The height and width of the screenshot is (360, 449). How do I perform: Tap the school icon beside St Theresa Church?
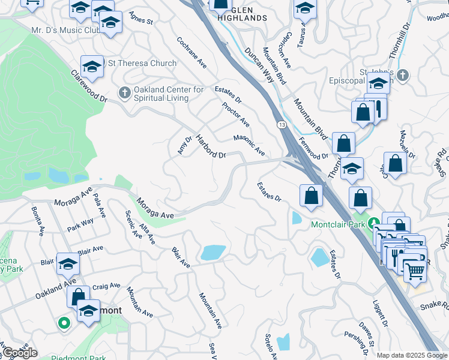92,67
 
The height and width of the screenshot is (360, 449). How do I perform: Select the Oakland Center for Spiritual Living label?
169,94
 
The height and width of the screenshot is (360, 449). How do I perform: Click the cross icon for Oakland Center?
124,92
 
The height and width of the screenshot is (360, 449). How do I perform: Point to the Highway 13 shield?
281,124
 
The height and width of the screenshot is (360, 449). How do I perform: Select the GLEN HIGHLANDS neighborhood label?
242,14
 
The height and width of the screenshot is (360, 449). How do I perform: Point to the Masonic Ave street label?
249,145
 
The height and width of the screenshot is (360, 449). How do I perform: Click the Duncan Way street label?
259,60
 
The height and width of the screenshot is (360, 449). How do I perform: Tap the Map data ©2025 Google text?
411,355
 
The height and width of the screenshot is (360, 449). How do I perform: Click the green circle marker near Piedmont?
64,323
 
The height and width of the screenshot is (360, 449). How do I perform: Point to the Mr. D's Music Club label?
65,29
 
